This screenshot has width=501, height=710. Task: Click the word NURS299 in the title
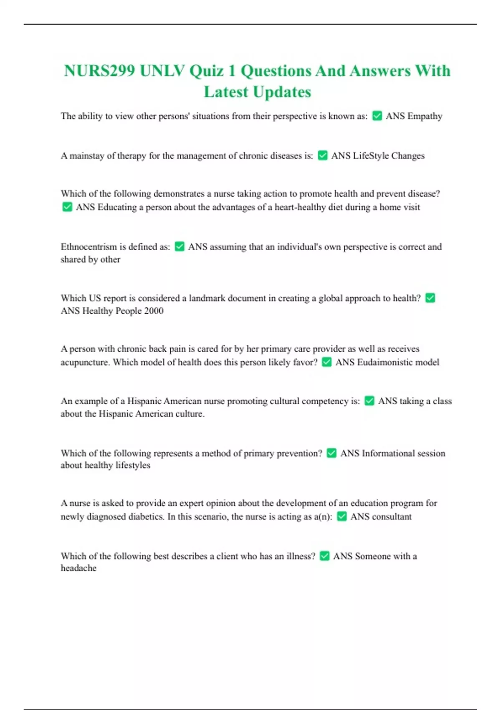click(99, 71)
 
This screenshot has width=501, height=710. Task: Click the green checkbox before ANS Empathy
click(377, 116)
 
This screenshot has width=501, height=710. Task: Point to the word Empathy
click(425, 116)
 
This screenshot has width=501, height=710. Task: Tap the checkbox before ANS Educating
click(67, 207)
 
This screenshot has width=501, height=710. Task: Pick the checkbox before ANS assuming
click(180, 246)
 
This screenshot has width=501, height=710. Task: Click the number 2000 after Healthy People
click(154, 311)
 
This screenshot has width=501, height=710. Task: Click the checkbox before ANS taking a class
click(369, 401)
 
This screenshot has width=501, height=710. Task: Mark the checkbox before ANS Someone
click(324, 556)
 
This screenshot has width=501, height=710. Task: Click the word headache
click(78, 568)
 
